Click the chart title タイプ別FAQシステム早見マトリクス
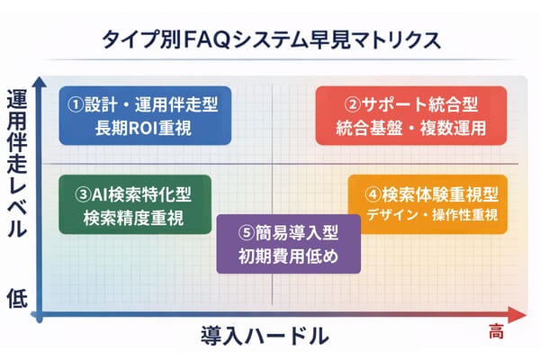pyautogui.click(x=270, y=40)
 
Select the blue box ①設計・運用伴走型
pyautogui.click(x=144, y=115)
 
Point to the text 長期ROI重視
pyautogui.click(x=144, y=128)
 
